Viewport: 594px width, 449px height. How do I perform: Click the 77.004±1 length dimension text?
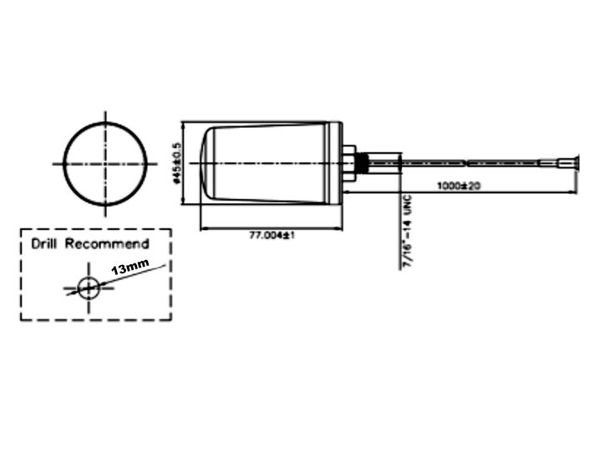coord(274,237)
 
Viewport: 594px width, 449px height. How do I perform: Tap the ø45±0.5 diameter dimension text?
coord(176,162)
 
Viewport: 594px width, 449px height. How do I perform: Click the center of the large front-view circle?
coord(105,163)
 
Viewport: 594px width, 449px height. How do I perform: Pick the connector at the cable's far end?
coord(568,162)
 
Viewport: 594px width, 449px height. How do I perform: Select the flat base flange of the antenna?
coord(336,163)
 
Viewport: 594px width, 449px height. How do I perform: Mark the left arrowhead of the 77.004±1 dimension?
coord(205,228)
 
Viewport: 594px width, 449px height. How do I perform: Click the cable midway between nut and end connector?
coord(468,162)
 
